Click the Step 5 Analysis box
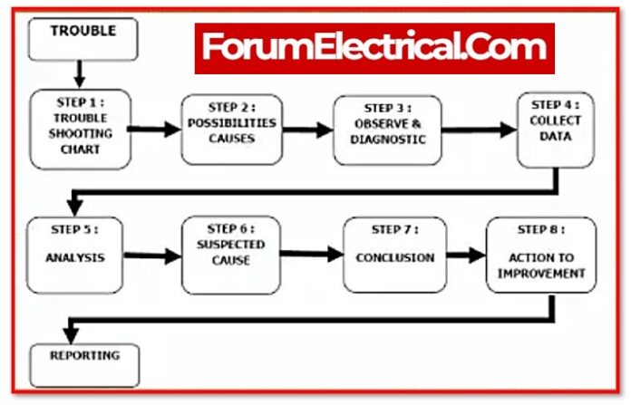(x=74, y=256)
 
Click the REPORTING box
(x=85, y=362)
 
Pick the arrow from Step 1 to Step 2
(x=153, y=130)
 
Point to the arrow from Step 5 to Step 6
(x=151, y=256)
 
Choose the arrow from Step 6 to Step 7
(x=311, y=256)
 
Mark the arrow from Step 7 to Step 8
(x=466, y=256)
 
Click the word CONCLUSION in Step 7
(x=394, y=258)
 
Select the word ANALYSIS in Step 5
(x=74, y=257)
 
